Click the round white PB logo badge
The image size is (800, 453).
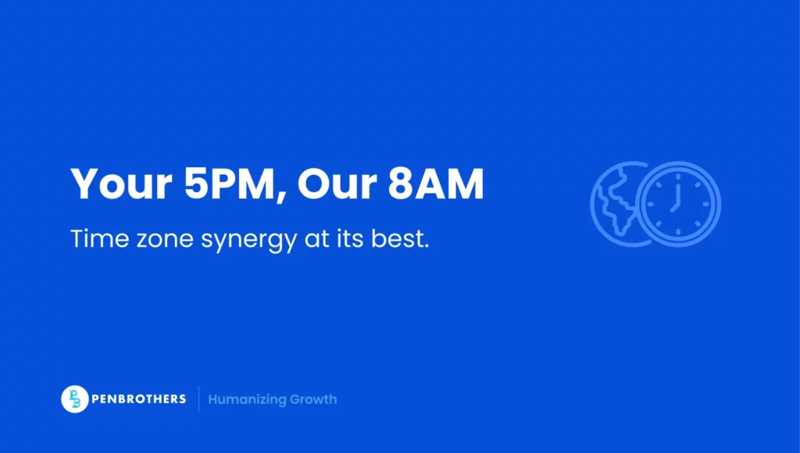[74, 399]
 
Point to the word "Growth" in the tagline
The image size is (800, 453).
[312, 399]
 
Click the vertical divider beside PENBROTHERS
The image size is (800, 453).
[198, 399]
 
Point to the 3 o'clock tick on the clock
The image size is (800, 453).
[708, 204]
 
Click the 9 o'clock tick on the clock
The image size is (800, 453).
[648, 204]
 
